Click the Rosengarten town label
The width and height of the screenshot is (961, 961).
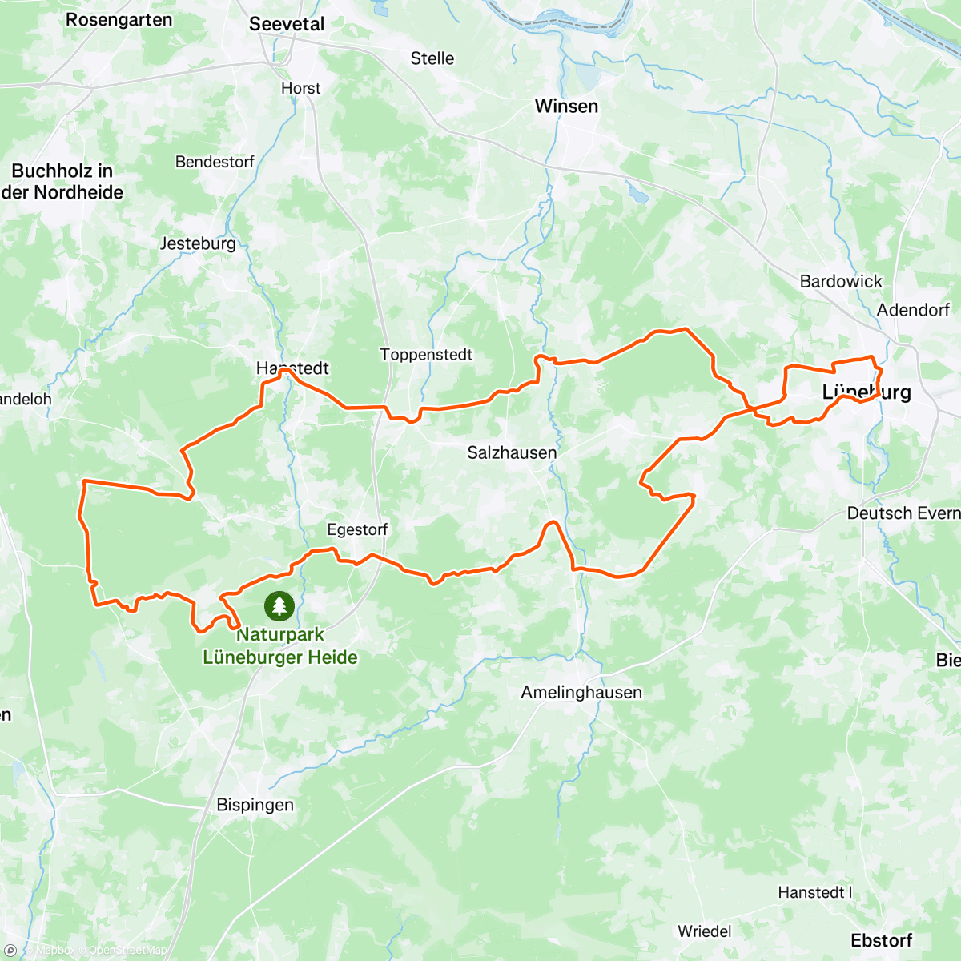click(x=119, y=20)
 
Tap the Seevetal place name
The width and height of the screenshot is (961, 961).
click(x=287, y=24)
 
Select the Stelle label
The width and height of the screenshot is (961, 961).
click(x=432, y=58)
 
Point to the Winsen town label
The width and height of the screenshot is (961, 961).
click(x=566, y=106)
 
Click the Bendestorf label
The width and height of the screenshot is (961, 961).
click(x=215, y=162)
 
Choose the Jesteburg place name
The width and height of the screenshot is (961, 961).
click(x=198, y=243)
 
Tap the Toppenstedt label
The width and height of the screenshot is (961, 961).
click(x=426, y=355)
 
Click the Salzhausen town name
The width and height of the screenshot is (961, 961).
click(x=512, y=452)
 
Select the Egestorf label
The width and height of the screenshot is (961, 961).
click(x=357, y=529)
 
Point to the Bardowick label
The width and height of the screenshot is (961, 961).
click(x=841, y=281)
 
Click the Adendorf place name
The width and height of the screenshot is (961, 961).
click(x=913, y=310)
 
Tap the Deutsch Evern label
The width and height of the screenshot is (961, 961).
click(x=903, y=513)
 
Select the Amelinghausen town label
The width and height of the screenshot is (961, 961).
click(x=581, y=693)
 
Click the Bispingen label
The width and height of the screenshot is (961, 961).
click(x=255, y=805)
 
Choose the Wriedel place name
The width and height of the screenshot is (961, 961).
click(x=705, y=931)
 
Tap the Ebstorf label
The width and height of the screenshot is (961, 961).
click(x=881, y=940)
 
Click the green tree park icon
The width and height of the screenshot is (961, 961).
click(x=279, y=605)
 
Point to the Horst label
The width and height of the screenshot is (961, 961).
click(x=301, y=88)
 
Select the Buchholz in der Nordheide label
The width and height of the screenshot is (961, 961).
click(x=62, y=182)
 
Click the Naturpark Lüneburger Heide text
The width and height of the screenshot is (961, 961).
click(x=280, y=646)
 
